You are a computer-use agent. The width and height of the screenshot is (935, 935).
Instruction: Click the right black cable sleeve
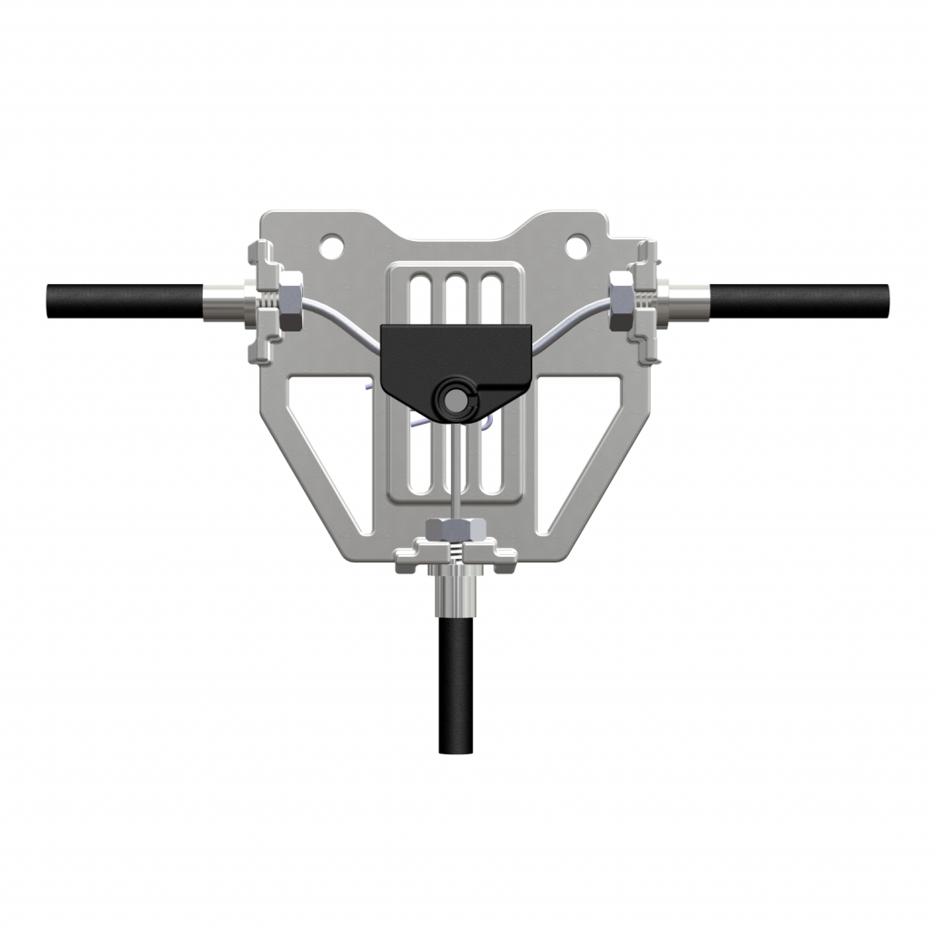(x=799, y=300)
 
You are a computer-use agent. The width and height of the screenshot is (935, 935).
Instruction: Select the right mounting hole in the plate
(x=576, y=245)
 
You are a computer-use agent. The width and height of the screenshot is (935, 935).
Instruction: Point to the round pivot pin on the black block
(x=452, y=399)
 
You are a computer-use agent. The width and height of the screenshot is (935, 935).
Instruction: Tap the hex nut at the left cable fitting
(x=288, y=301)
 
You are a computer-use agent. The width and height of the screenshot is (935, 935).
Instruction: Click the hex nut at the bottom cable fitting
(x=453, y=530)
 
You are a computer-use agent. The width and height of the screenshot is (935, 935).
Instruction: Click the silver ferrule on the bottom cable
(x=454, y=598)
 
